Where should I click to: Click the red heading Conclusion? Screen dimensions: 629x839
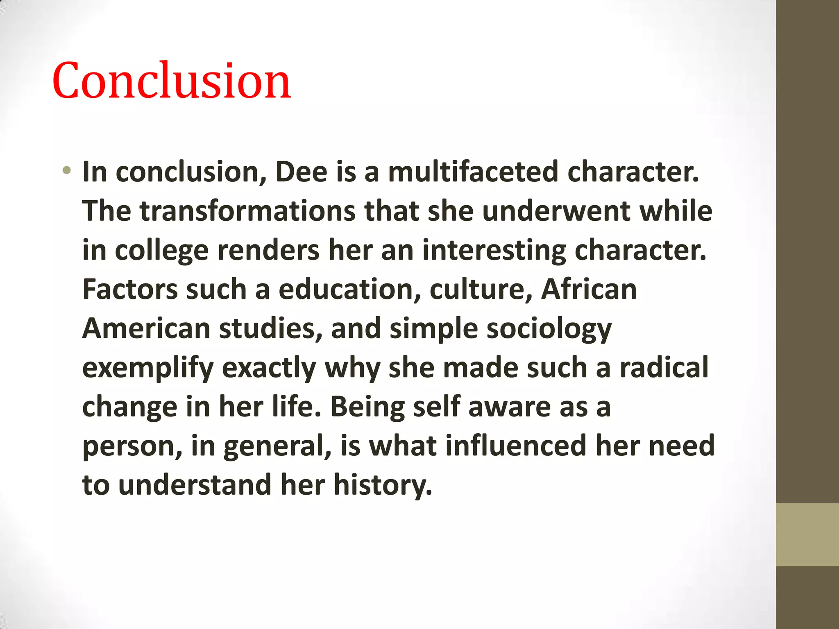[x=171, y=80]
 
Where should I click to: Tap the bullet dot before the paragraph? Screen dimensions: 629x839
[x=67, y=170]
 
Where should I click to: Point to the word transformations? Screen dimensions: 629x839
[x=248, y=211]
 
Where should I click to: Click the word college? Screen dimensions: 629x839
[x=162, y=251]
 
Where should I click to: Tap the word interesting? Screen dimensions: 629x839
[x=494, y=251]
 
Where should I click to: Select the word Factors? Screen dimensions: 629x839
[x=130, y=290]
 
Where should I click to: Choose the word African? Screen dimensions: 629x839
[x=589, y=290]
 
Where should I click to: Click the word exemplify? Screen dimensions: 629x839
[x=148, y=368]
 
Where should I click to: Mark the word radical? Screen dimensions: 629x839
[x=664, y=368]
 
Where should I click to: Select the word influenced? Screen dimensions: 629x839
[x=516, y=446]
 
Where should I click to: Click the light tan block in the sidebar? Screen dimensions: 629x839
[x=807, y=534]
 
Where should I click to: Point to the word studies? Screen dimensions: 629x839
[x=270, y=329]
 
